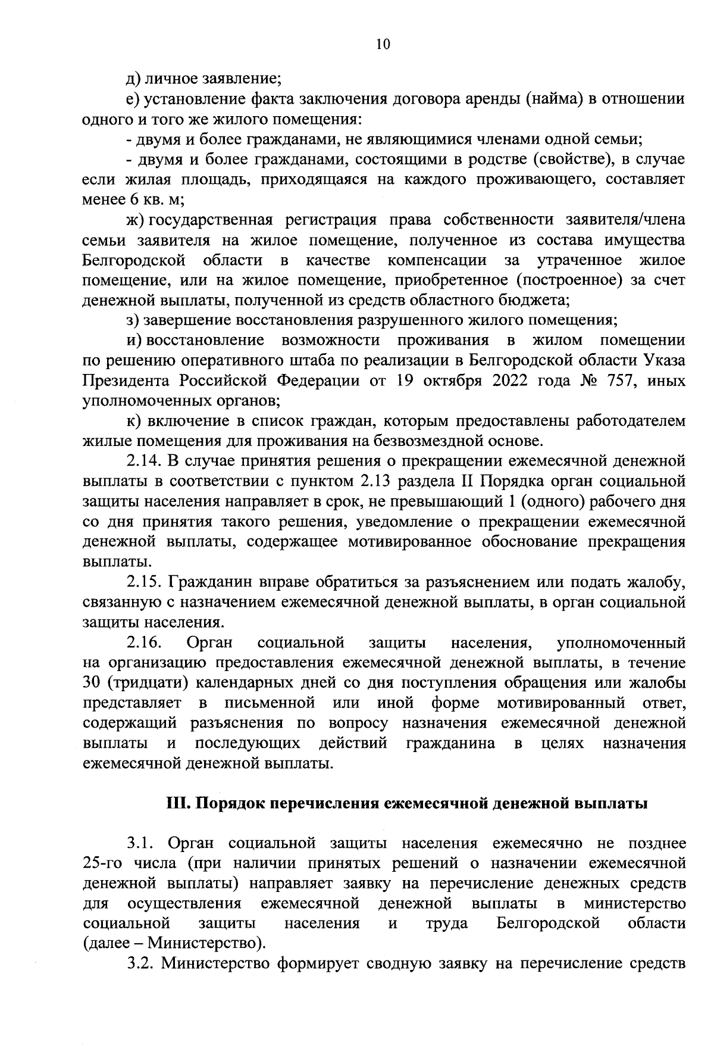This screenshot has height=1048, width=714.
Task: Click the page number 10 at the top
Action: [x=383, y=44]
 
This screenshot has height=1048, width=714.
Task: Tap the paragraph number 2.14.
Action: [x=143, y=461]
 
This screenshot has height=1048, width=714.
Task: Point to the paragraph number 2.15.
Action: [x=143, y=582]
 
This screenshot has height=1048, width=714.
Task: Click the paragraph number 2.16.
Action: [x=143, y=642]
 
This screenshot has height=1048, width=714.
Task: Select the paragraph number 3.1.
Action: [x=140, y=844]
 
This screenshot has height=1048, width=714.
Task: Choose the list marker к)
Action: [x=133, y=421]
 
